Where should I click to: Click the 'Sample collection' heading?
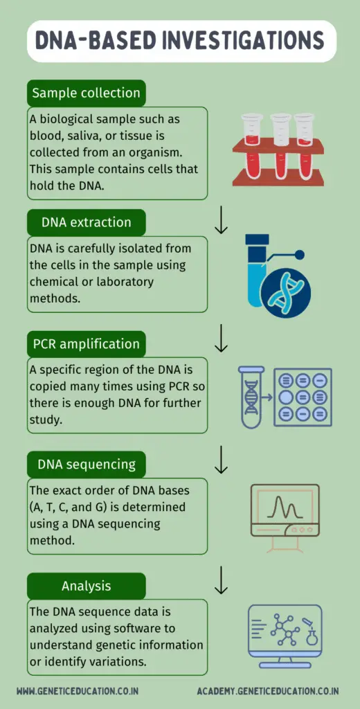(86, 93)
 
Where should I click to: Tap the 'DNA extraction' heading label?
(86, 222)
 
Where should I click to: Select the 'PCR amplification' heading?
(86, 343)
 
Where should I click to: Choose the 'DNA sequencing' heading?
(86, 464)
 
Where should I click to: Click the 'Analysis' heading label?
(86, 586)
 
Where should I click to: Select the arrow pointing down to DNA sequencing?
(221, 459)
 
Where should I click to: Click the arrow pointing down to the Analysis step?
(221, 580)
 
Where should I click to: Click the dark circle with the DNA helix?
(286, 292)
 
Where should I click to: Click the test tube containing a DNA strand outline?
(251, 397)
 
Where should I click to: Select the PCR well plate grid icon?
(302, 397)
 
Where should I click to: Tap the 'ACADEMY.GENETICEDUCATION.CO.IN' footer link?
(268, 691)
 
